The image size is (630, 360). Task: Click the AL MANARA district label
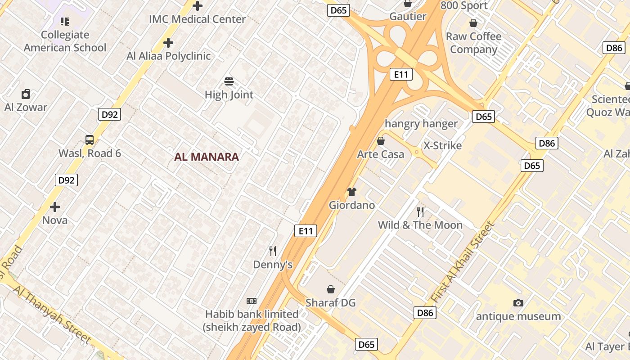(x=207, y=157)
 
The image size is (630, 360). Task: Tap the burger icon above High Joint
(x=229, y=81)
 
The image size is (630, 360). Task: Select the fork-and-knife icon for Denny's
(x=273, y=251)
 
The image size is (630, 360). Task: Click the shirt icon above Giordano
(x=352, y=192)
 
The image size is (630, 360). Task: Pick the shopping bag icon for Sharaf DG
(x=331, y=289)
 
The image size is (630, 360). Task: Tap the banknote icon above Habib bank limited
(x=252, y=301)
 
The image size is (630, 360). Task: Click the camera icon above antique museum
(x=518, y=303)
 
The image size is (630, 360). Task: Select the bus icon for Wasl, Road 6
(x=90, y=139)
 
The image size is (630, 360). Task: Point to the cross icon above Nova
(x=55, y=207)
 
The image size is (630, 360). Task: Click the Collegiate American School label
(x=65, y=41)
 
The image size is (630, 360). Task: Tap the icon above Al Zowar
(x=26, y=94)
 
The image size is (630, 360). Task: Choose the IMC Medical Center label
(x=198, y=19)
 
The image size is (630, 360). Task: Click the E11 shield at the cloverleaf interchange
(x=400, y=74)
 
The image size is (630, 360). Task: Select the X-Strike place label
(x=443, y=146)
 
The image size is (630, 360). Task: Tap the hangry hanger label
(x=421, y=124)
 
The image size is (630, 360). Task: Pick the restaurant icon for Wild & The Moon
(x=420, y=211)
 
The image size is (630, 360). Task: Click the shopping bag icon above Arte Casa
(x=381, y=141)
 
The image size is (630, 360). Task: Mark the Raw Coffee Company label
(x=473, y=43)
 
